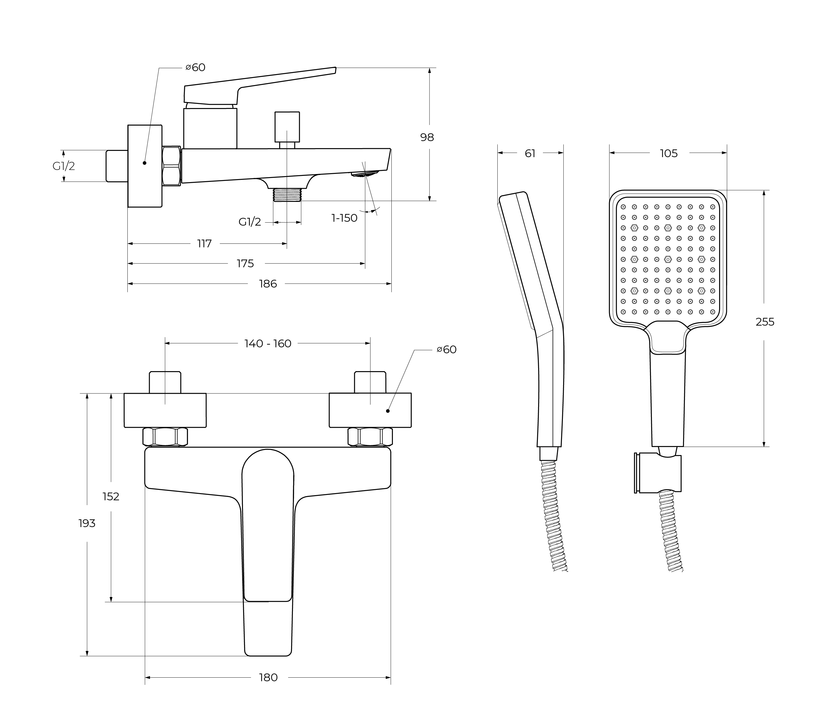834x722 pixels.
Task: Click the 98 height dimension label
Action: (427, 137)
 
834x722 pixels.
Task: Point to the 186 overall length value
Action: (268, 284)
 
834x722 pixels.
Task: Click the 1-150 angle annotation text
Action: (344, 218)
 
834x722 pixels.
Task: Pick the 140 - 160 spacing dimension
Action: (268, 344)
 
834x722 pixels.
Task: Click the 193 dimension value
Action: (87, 523)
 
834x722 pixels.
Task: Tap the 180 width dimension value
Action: (268, 678)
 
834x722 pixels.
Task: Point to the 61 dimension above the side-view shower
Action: (530, 154)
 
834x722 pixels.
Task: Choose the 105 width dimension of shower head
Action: (669, 154)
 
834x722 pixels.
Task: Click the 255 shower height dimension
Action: (765, 322)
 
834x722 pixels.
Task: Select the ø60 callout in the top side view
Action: (196, 68)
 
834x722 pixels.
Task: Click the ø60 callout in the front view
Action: (447, 350)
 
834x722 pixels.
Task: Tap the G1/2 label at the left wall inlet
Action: (64, 166)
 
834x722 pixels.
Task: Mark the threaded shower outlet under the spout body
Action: (287, 195)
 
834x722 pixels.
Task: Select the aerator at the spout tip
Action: (365, 174)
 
